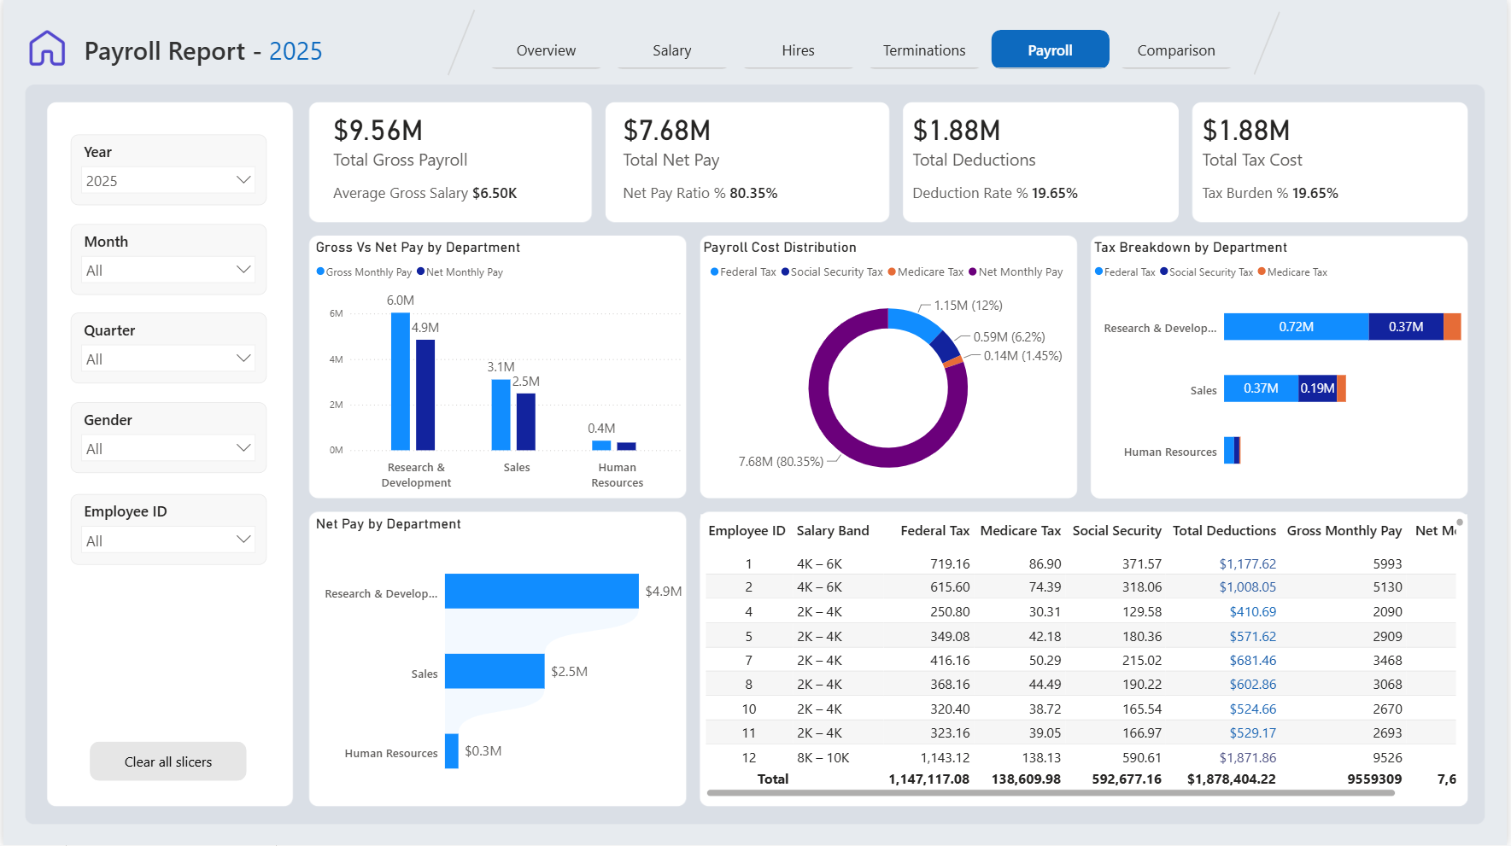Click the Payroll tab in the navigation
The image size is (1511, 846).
pos(1050,50)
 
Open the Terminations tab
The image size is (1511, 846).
pos(924,50)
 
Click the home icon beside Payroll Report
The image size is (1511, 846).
pos(47,49)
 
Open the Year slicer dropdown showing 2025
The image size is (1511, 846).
pos(169,180)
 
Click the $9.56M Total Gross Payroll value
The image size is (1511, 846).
pos(378,131)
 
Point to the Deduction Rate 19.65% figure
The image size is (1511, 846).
pos(1055,193)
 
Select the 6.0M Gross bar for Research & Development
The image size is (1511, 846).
pos(400,381)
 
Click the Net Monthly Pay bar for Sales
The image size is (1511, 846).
pos(526,422)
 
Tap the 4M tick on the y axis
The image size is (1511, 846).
pos(337,359)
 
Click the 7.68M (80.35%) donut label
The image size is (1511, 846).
pos(781,462)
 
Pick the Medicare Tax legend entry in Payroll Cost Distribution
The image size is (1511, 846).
pos(926,272)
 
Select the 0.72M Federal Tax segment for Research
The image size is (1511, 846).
pos(1296,327)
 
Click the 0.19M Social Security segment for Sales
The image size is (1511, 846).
pos(1317,388)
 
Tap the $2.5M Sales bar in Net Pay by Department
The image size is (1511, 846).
pos(495,671)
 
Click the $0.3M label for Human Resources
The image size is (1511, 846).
pos(483,751)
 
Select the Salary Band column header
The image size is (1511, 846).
pos(833,531)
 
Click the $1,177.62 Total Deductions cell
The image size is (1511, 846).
pos(1247,564)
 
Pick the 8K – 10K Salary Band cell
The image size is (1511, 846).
pos(823,758)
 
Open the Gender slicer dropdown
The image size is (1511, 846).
pos(169,448)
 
